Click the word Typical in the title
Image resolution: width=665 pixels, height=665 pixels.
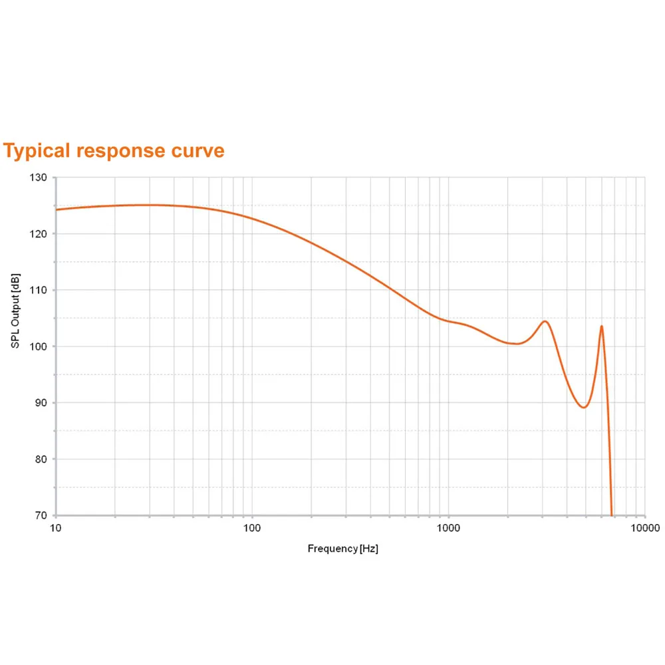click(37, 151)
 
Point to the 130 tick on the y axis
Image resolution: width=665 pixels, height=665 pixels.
click(38, 178)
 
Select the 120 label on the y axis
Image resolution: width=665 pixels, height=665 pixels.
click(38, 234)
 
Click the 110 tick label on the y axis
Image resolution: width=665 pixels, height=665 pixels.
click(38, 290)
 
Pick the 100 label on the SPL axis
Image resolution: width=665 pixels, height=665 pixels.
click(38, 346)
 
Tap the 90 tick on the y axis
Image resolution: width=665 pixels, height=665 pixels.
click(41, 403)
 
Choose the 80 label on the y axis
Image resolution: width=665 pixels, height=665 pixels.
click(41, 459)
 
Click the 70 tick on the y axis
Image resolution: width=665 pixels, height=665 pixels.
click(41, 515)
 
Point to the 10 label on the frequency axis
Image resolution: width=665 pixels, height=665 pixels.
click(56, 528)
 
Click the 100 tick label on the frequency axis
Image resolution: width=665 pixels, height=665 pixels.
click(251, 528)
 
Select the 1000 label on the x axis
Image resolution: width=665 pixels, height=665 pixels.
click(448, 528)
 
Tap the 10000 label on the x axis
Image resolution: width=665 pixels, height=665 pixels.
click(644, 528)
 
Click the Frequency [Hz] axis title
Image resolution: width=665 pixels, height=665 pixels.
click(342, 549)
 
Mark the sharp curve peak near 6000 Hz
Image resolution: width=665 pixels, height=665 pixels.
click(602, 326)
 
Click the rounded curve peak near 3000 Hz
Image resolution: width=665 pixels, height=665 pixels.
click(545, 321)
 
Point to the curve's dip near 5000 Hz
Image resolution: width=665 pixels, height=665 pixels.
click(584, 407)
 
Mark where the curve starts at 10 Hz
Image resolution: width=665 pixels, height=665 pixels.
click(57, 209)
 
